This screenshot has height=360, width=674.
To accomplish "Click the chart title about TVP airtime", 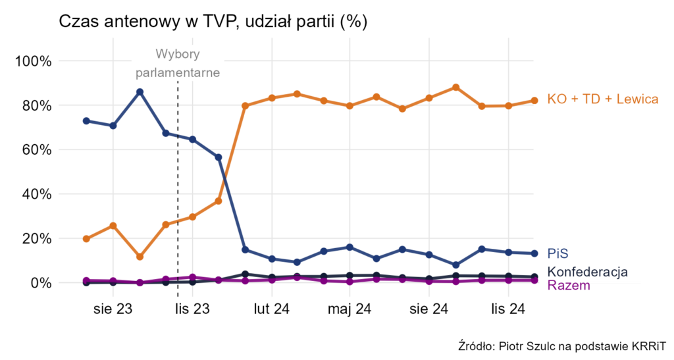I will pos(213,21).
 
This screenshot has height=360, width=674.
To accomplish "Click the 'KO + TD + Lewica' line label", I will pos(602,99).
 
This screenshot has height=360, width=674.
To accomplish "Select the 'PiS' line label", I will pos(557,253).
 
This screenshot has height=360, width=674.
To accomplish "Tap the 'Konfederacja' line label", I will pos(587,272).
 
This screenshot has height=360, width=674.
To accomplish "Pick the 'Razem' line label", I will pos(569,286).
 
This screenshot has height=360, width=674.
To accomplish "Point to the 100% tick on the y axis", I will pos(32,61).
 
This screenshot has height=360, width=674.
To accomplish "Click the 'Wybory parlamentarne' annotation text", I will pos(178,63).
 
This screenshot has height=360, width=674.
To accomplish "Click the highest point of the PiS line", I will pos(140,92).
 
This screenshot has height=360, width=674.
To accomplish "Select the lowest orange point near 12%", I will pos(140,257).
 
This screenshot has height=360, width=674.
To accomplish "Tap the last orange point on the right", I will pos(534,101).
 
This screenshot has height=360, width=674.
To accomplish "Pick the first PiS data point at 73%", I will pos(86,121).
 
